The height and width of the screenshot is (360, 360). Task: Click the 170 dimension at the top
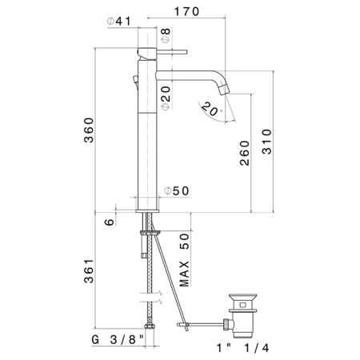click(186, 12)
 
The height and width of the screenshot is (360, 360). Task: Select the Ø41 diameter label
click(119, 22)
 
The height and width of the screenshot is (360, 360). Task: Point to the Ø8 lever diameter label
click(166, 35)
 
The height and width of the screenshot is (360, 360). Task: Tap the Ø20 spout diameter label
click(166, 98)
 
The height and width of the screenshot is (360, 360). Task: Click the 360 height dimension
click(89, 130)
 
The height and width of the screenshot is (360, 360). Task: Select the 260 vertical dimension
click(244, 153)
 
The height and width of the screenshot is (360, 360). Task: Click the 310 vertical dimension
click(266, 142)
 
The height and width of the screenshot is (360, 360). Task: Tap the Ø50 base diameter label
click(177, 191)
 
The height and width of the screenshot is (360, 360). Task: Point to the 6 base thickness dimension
click(109, 222)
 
